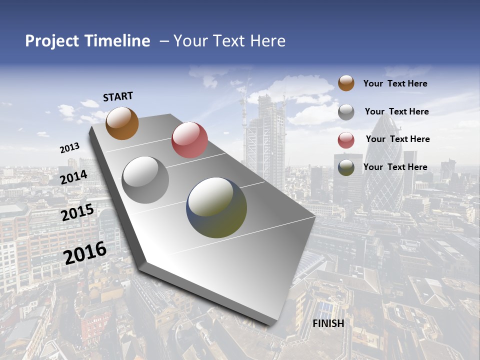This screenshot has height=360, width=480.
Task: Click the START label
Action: click(118, 96)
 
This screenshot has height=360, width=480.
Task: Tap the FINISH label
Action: click(328, 323)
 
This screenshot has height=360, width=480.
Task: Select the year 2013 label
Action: click(70, 148)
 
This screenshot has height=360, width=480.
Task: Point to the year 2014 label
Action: click(74, 177)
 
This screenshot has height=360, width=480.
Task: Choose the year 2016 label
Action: click(85, 253)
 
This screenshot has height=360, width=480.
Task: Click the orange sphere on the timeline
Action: click(122, 123)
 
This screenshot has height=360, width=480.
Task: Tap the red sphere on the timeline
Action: click(189, 140)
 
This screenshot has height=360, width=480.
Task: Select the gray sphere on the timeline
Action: click(145, 180)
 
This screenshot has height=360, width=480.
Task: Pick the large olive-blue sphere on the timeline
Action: click(216, 207)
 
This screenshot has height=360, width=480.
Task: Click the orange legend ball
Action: click(346, 83)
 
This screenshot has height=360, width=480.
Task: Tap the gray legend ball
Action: click(346, 112)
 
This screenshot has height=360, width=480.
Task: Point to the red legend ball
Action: click(346, 140)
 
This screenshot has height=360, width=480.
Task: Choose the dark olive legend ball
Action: click(346, 167)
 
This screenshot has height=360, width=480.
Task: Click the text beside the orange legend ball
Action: click(395, 83)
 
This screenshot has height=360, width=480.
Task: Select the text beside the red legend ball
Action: click(397, 139)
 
